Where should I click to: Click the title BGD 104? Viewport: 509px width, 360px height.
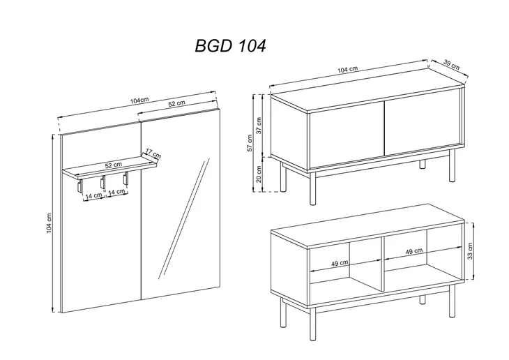tap(230, 46)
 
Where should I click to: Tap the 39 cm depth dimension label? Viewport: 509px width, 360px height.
tap(451, 65)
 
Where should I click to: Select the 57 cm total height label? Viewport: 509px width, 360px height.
tap(250, 143)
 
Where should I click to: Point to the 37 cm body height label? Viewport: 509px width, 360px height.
tap(259, 126)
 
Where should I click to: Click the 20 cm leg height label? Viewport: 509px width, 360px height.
tap(259, 174)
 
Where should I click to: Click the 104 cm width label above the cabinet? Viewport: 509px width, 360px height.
tap(348, 69)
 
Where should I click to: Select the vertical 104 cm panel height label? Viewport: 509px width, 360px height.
tap(49, 223)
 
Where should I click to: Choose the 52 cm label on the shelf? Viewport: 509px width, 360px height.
tap(114, 165)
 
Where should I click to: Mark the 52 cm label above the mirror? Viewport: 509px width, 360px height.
tap(176, 103)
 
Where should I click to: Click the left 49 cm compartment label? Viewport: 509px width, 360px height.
tap(340, 263)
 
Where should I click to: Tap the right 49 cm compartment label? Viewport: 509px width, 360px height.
tap(414, 251)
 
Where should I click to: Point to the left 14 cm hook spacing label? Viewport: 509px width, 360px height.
tap(94, 195)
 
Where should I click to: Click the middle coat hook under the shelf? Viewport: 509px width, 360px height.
tap(102, 182)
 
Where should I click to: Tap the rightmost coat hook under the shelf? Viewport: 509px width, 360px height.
tap(126, 179)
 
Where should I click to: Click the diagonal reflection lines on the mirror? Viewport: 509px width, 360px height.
tap(184, 218)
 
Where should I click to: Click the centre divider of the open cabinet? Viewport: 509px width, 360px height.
tap(383, 263)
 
